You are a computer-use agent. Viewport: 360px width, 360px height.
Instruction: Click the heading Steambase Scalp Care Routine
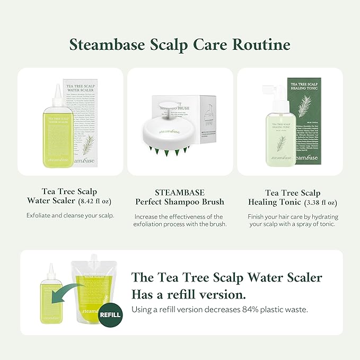[x=180, y=45]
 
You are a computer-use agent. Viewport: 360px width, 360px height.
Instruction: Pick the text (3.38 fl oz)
[x=321, y=202]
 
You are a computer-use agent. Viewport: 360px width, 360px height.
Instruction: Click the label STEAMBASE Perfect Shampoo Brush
[x=180, y=197]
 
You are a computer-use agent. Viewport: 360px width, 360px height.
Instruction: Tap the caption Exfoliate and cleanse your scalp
[x=71, y=215]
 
